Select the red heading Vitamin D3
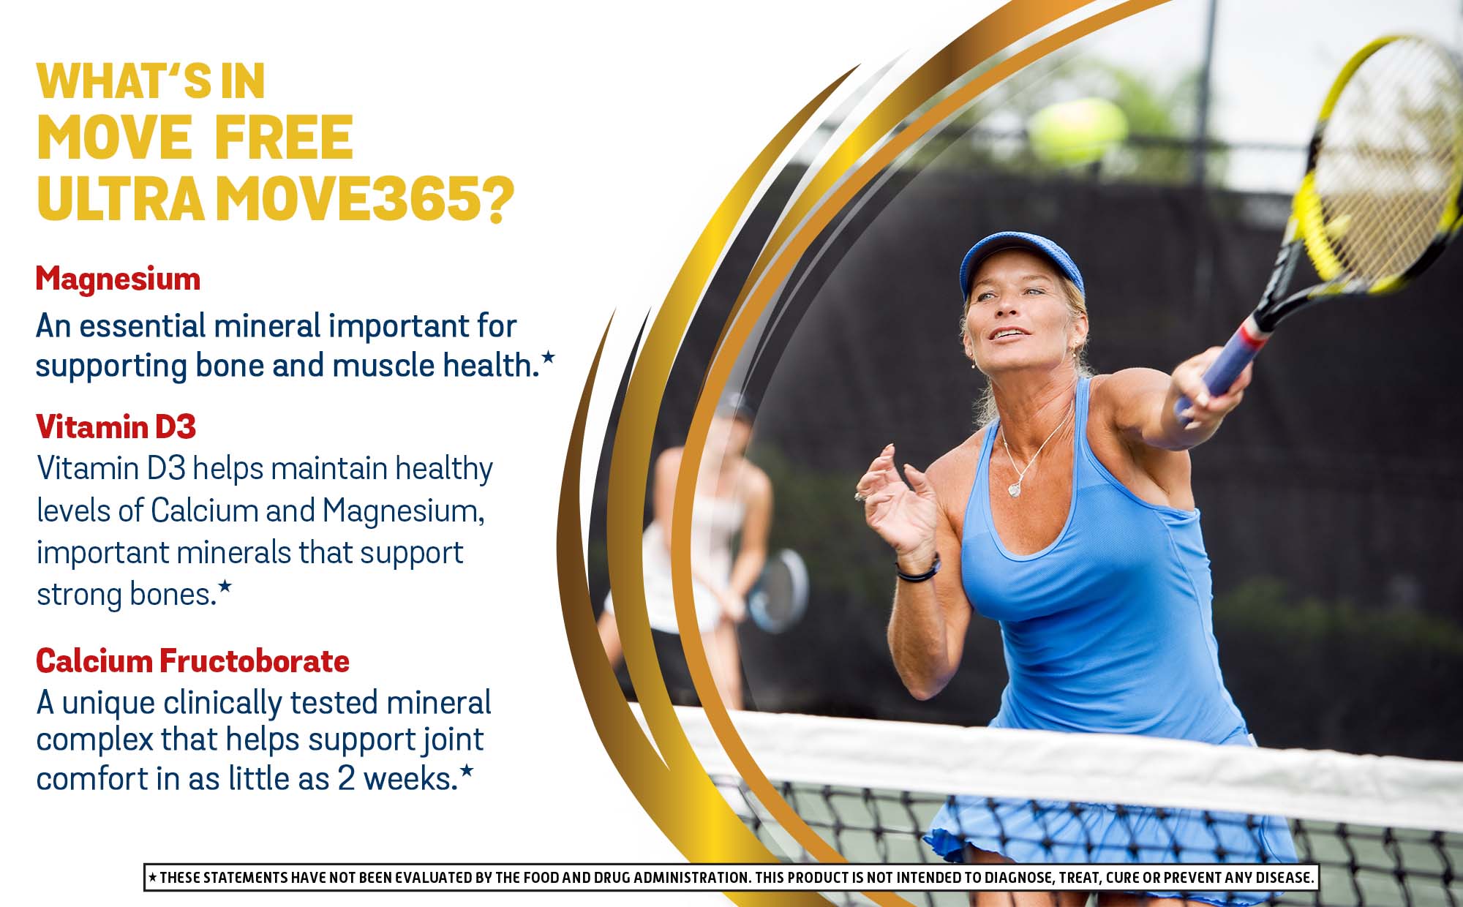pos(116,427)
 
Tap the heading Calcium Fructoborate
pos(192,661)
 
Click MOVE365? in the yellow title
pos(364,198)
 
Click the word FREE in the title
pos(284,138)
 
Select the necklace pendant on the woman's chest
pos(1015,489)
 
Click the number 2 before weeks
pos(346,779)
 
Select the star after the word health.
pos(548,358)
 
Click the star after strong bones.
pos(225,586)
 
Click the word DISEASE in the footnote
pos(1285,877)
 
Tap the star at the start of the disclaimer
pos(152,877)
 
